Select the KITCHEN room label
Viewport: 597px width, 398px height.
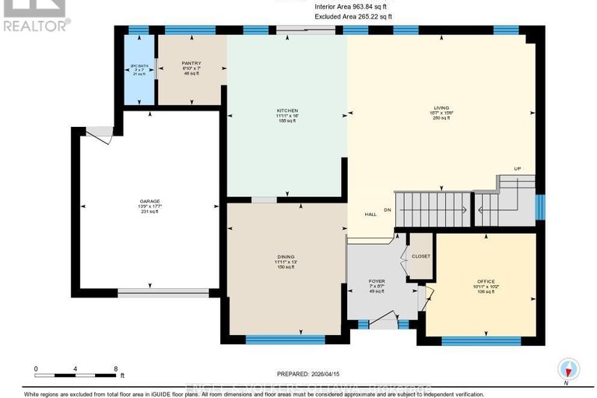[x=287, y=111]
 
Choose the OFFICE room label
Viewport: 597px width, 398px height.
[x=485, y=281]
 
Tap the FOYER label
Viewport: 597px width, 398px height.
[x=377, y=281]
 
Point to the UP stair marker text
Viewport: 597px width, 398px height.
[x=516, y=169]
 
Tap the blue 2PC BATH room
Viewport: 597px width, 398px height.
[x=139, y=70]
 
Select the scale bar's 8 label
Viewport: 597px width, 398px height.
[x=115, y=369]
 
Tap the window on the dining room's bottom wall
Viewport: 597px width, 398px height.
[x=285, y=339]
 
